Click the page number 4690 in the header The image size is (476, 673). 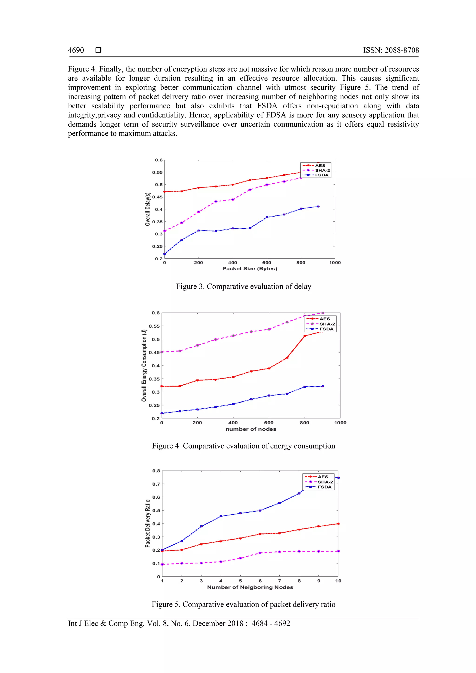point(76,50)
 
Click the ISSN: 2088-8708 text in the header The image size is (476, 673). point(391,50)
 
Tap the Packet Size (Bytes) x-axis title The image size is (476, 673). point(250,268)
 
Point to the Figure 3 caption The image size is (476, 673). point(243,286)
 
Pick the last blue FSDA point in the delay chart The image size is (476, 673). point(318,207)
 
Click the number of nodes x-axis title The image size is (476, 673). point(251,429)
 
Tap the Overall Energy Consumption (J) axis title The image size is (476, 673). point(144,365)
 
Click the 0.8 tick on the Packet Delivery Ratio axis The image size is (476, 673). point(156,471)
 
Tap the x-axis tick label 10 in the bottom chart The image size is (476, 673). point(338,581)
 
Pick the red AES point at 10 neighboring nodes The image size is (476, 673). point(338,524)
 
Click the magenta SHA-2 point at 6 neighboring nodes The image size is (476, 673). point(260,553)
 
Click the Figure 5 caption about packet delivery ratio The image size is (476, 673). point(243,604)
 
